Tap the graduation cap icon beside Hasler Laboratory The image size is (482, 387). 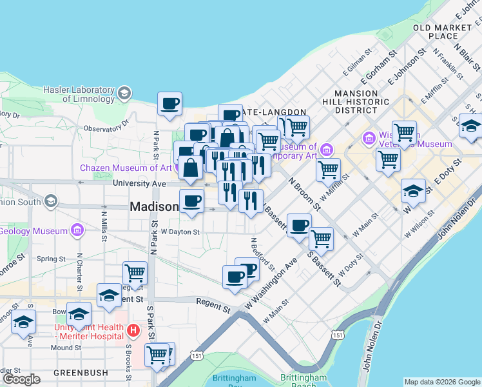[x=122, y=95]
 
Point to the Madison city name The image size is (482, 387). [x=154, y=207]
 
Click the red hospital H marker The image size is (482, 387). [x=133, y=330]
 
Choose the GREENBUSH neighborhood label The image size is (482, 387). [x=79, y=373]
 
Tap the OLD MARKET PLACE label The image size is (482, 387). [x=444, y=32]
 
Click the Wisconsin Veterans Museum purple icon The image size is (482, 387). [x=370, y=137]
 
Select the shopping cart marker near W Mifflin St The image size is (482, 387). [x=329, y=170]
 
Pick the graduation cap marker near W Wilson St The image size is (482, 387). [x=413, y=190]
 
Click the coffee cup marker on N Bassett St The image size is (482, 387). [x=298, y=225]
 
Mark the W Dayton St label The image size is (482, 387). [x=180, y=232]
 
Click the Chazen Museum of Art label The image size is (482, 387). [x=125, y=168]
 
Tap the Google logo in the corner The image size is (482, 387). [x=21, y=379]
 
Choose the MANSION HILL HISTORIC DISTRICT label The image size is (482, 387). [x=356, y=101]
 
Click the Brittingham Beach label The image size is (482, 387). [x=304, y=381]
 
